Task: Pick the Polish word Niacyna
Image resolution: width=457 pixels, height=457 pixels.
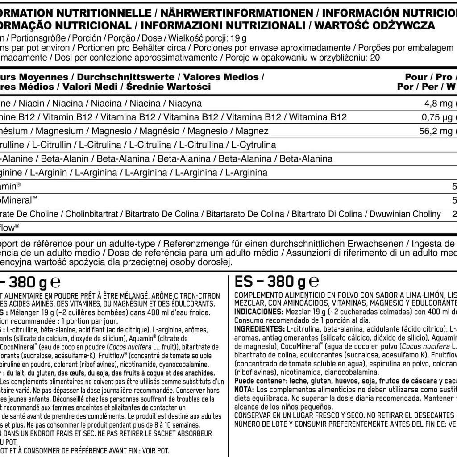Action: (185, 104)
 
